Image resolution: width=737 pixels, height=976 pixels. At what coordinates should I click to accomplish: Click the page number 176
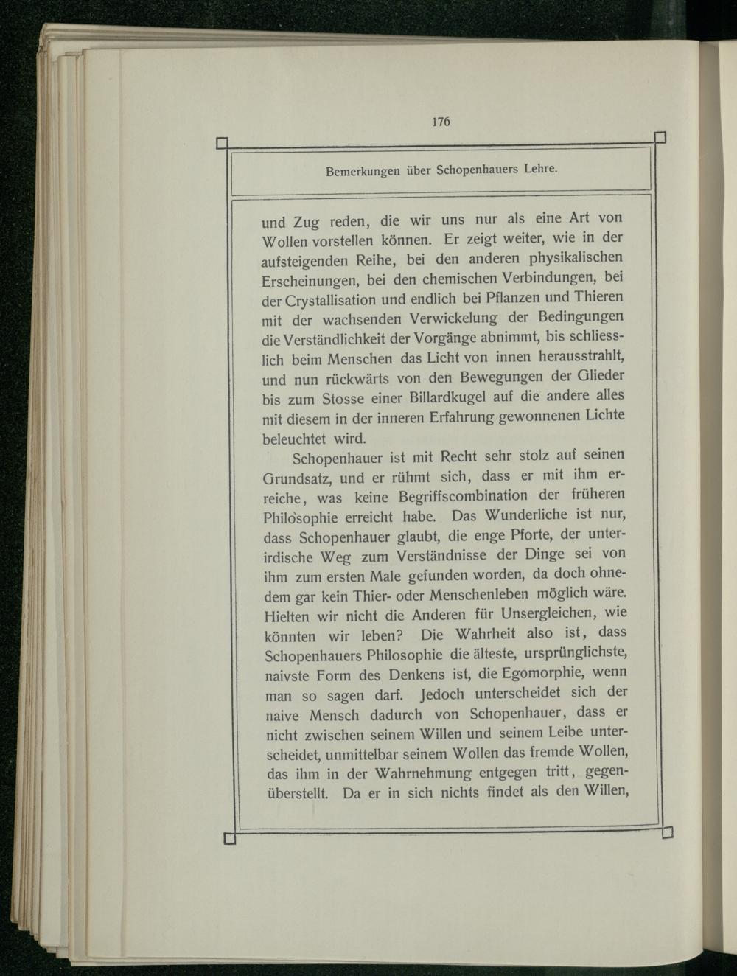tap(441, 122)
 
